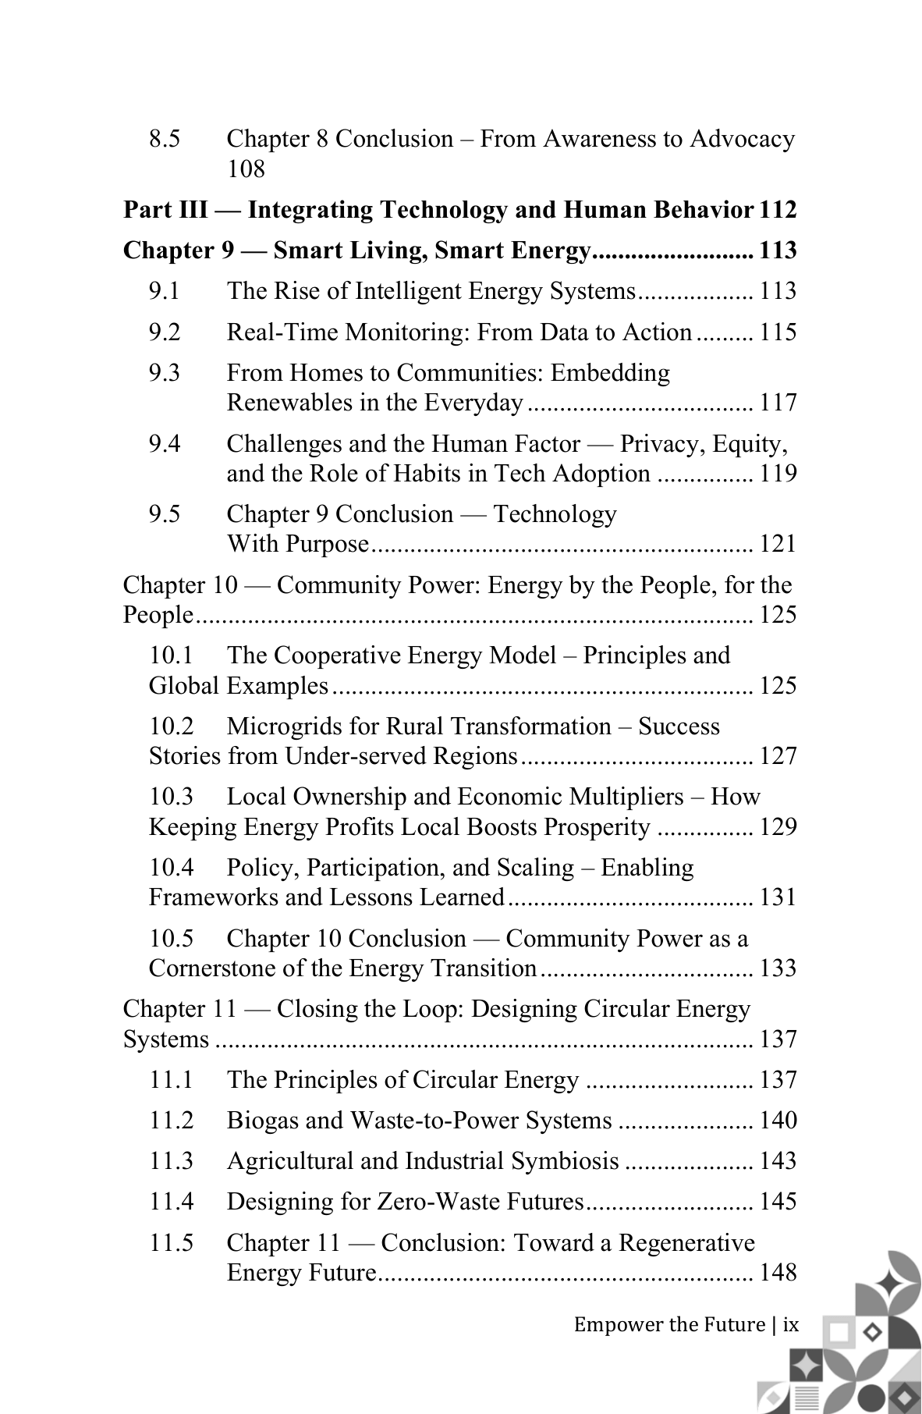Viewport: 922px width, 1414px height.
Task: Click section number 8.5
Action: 165,139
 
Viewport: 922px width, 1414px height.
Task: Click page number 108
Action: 246,169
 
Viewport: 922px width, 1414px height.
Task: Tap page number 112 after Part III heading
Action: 778,210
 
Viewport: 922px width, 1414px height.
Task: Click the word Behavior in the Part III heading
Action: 705,210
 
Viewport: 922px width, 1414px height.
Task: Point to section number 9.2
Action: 165,332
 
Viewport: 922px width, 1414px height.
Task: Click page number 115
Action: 778,332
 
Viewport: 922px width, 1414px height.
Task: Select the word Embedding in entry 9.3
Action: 610,373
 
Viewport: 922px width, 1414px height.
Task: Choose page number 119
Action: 778,474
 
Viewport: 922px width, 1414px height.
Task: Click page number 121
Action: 778,544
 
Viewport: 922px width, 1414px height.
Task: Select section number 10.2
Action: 172,727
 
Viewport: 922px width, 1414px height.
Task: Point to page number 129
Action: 778,827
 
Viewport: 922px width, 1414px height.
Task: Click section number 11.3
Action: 172,1161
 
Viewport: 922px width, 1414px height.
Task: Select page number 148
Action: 778,1273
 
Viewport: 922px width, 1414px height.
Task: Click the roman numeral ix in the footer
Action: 791,1324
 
